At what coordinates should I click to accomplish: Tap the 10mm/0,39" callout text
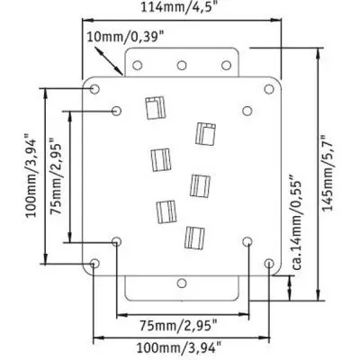point(126,37)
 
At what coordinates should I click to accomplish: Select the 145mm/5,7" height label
point(328,173)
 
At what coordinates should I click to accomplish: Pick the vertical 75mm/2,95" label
point(56,176)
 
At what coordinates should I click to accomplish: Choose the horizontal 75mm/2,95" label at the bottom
point(179,326)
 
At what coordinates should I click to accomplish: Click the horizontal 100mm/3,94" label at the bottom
point(179,348)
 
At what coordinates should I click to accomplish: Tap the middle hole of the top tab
point(182,65)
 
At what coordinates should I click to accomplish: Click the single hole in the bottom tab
point(182,283)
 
